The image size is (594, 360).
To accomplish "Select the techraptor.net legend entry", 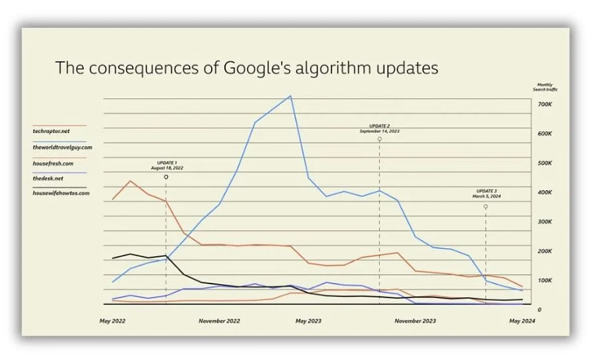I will tap(51, 131).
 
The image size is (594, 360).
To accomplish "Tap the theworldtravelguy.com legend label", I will tap(62, 146).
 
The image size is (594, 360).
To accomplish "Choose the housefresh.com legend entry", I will tap(53, 162).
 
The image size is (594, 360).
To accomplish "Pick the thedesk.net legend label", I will tap(48, 178).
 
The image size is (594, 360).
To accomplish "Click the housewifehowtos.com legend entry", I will tap(61, 194).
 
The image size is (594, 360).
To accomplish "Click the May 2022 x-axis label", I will tap(113, 321).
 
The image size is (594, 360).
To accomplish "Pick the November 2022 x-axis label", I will tap(219, 321).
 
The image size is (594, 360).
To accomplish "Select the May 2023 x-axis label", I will tap(308, 321).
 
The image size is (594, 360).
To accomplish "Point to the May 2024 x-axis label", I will tap(522, 321).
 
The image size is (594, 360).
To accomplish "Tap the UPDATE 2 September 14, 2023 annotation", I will tap(380, 128).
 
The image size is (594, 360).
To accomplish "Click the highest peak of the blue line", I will tap(290, 96).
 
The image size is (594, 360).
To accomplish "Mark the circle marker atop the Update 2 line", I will tap(380, 139).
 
